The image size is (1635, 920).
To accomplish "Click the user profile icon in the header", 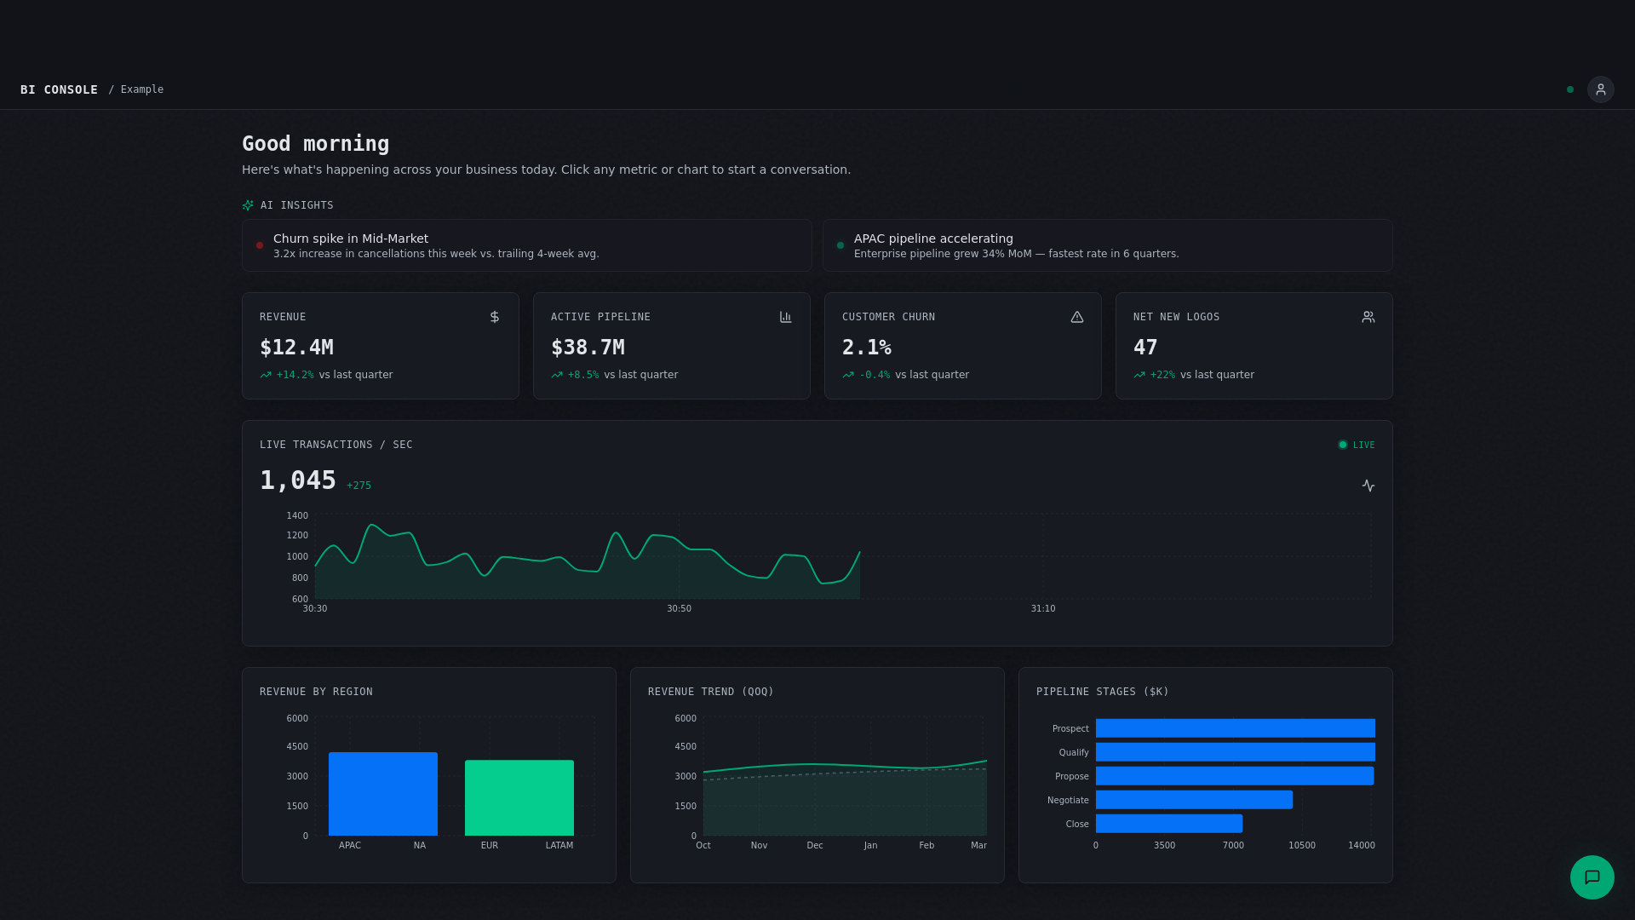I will pos(1600,89).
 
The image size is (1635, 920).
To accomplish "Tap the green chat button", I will pos(1592,877).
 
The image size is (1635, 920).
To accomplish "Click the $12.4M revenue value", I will pos(296,348).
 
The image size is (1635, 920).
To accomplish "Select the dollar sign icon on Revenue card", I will pos(495,317).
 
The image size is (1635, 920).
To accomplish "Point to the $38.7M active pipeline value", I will pos(588,348).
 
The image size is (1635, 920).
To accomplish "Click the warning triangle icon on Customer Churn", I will pos(1077,317).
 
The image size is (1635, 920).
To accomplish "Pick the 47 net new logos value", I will pos(1145,348).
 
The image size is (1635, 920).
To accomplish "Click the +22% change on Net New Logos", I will pos(1162,375).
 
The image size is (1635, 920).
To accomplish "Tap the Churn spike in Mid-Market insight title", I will pos(351,239).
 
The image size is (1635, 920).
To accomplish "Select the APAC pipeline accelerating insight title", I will pos(933,239).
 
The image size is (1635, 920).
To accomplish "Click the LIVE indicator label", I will pos(1363,445).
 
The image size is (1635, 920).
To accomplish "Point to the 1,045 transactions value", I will pos(298,480).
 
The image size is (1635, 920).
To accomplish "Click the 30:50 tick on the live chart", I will pos(679,609).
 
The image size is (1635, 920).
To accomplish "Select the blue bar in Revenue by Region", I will pos(383,794).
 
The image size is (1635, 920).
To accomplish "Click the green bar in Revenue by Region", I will pos(519,798).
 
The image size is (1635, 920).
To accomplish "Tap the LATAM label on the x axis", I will pos(559,846).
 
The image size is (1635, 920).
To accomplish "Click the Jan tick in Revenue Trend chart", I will pos(870,846).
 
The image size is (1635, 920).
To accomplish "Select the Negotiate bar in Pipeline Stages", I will pos(1194,800).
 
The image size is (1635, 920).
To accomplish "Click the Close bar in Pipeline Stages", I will pos(1168,824).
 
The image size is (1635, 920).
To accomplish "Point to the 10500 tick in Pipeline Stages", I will pos(1301,846).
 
